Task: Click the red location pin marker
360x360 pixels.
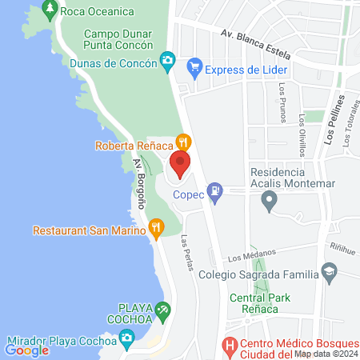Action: [180, 164]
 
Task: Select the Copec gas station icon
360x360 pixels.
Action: [214, 190]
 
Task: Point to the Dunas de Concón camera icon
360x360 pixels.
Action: [167, 59]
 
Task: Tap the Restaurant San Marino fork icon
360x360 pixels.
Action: [156, 230]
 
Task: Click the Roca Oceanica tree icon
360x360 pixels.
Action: [50, 10]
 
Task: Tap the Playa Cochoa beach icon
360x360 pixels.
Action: [163, 309]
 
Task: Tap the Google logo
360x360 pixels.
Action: [26, 350]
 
